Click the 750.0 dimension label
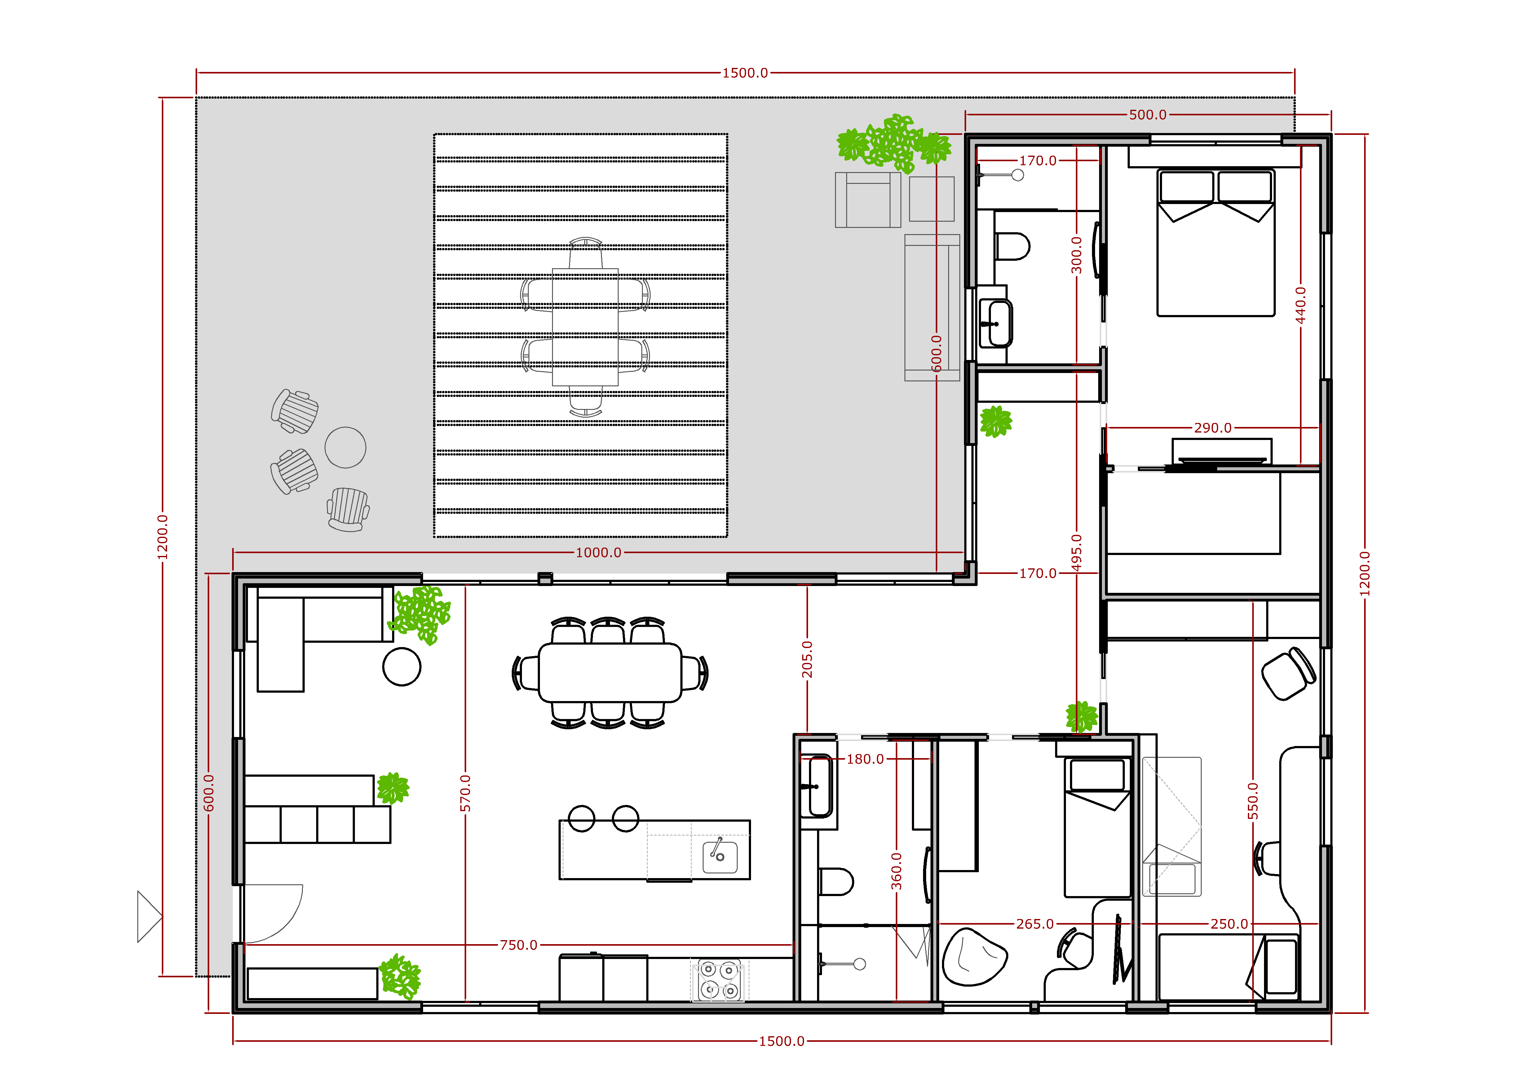tap(519, 945)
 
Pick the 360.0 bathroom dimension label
tap(896, 871)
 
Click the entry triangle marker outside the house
tap(149, 917)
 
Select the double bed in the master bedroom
tap(1216, 242)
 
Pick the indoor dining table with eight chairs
tap(610, 673)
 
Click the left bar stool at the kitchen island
tap(581, 818)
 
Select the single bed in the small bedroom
tap(1098, 827)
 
